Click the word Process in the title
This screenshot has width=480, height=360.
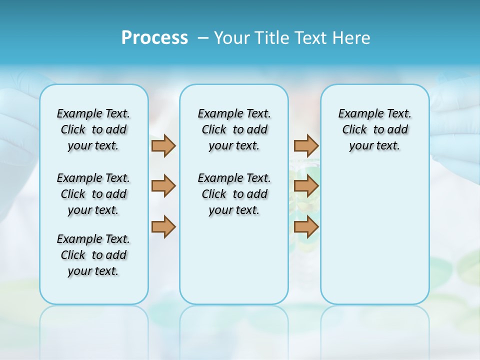154,38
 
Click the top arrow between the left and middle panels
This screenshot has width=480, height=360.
163,145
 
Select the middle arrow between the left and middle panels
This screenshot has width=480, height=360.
163,186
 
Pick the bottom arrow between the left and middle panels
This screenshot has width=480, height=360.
163,227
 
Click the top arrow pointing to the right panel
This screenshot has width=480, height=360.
306,145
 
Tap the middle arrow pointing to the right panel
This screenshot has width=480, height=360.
306,186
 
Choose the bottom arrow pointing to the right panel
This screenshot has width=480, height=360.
306,227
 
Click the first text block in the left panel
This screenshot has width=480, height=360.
93,129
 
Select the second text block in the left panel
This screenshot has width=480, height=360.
93,194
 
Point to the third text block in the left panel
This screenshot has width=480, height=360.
93,255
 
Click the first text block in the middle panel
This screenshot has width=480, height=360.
234,129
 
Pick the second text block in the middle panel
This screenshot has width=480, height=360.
234,194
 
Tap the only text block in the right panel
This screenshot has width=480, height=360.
374,129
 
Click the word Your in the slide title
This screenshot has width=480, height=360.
232,38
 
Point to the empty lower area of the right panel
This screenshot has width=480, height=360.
374,235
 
